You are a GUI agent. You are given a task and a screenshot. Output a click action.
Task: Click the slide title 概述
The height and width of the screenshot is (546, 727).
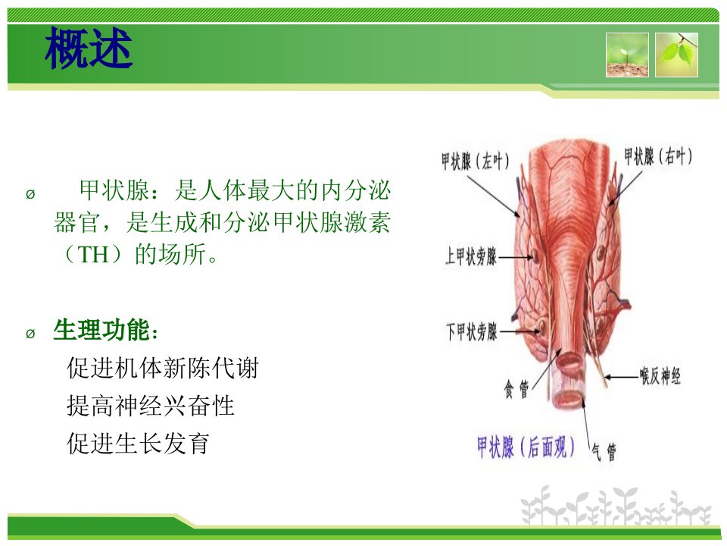click(89, 47)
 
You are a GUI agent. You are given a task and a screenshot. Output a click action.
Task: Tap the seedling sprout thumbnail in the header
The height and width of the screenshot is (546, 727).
click(627, 55)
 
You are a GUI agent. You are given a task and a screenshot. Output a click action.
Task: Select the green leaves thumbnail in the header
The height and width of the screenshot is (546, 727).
click(676, 55)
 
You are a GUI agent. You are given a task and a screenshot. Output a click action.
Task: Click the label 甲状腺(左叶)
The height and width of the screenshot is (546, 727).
click(476, 161)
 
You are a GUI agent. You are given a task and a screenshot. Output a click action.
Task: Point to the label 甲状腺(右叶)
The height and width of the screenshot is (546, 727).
click(658, 156)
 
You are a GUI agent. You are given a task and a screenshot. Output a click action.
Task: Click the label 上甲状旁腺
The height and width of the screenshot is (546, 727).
click(471, 256)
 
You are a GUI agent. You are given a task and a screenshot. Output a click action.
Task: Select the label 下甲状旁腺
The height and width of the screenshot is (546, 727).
click(472, 331)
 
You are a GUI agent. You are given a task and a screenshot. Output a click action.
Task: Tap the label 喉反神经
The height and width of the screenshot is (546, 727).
click(660, 375)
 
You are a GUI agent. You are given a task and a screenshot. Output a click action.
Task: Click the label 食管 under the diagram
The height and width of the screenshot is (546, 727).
click(516, 389)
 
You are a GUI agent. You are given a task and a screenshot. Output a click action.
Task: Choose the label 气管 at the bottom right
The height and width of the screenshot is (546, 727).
click(604, 452)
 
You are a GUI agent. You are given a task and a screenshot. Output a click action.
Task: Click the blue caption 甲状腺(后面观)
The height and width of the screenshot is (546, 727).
click(526, 447)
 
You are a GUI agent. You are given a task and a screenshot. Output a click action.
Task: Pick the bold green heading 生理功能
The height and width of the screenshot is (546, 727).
click(101, 330)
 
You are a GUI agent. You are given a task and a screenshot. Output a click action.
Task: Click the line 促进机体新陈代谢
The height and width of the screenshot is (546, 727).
click(162, 368)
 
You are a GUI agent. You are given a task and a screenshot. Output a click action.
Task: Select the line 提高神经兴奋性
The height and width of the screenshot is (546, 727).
click(150, 405)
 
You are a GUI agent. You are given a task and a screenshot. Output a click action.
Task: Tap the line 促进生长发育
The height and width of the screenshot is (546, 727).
click(138, 443)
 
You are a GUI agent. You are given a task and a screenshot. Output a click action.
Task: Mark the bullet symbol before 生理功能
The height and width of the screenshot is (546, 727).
click(30, 334)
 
